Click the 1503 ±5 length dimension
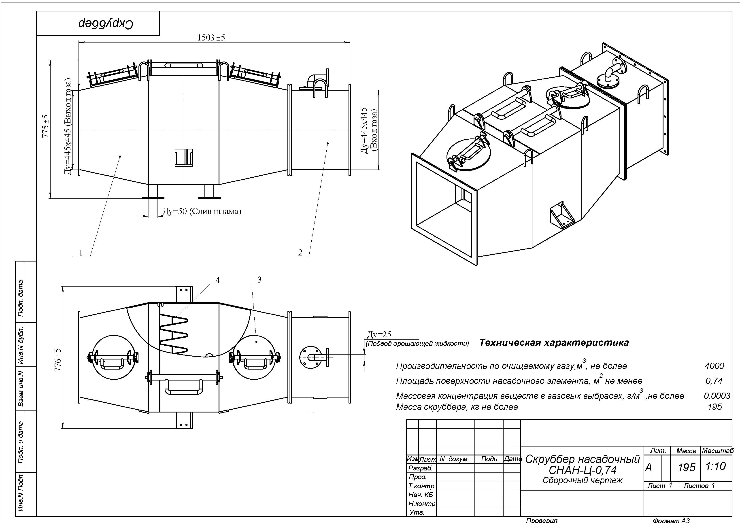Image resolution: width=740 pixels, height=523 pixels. point(211,38)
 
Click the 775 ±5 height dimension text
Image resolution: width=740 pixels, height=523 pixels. point(46,126)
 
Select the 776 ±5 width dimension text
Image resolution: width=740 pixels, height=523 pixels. point(58,360)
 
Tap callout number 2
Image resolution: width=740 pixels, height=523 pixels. point(300,252)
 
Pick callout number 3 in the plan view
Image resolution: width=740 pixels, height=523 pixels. point(260,280)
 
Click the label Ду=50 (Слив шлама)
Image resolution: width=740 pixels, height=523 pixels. point(201,211)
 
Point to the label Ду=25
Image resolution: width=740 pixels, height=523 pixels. point(379,334)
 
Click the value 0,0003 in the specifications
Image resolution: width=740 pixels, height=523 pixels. point(717,396)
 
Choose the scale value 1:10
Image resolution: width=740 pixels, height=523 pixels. point(716,466)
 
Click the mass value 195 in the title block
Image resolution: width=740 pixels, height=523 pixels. point(687,467)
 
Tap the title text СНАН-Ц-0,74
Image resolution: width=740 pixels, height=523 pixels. point(582,470)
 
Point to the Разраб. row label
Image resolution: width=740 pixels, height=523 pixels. point(420,468)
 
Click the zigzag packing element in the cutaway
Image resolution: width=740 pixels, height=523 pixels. point(174,334)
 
